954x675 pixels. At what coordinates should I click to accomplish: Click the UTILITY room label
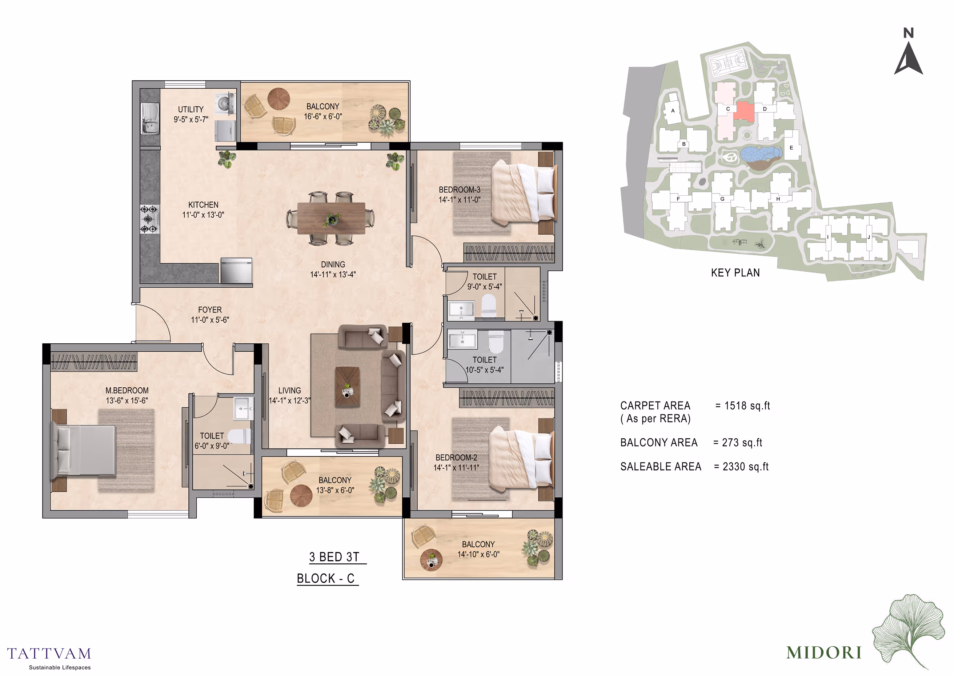191,109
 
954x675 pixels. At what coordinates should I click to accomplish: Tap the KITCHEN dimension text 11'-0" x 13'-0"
203,215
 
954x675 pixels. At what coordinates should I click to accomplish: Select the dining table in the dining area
331,218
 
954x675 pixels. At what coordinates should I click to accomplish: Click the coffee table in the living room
347,387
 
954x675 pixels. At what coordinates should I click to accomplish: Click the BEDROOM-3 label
460,189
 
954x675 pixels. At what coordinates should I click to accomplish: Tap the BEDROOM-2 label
456,458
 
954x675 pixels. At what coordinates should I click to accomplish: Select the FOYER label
210,309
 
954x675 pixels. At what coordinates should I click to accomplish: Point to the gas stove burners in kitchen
149,219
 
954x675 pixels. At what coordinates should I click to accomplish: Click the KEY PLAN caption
735,273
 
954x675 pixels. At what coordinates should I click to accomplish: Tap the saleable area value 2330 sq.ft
745,467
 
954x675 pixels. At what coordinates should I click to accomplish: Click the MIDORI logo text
824,652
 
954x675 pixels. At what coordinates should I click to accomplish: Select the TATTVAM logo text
49,654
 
